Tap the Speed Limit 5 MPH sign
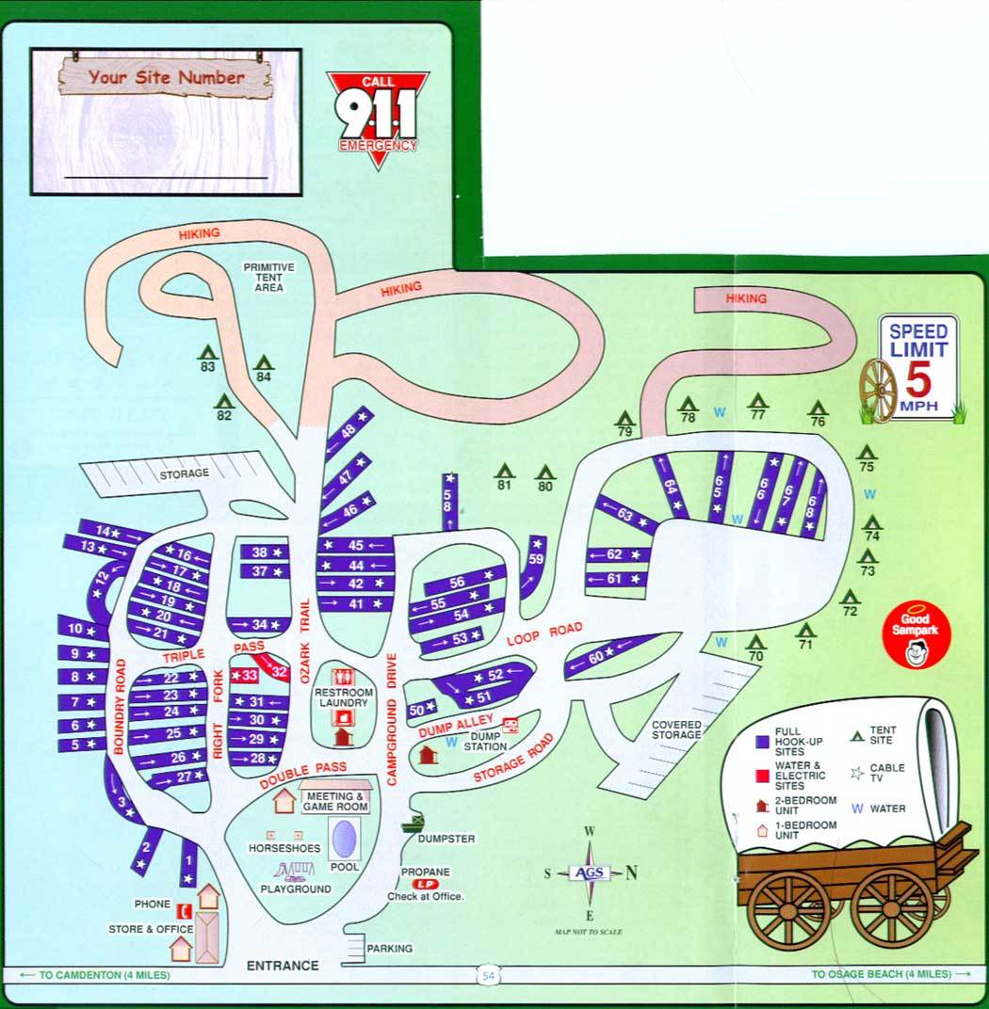[917, 366]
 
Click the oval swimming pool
[344, 836]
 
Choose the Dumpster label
[446, 838]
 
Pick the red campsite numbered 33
[247, 675]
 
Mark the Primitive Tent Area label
[268, 278]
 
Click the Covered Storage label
[675, 729]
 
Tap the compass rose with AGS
[589, 873]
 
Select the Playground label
[296, 889]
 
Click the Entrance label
[283, 965]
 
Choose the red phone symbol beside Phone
[189, 909]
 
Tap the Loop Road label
[545, 634]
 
